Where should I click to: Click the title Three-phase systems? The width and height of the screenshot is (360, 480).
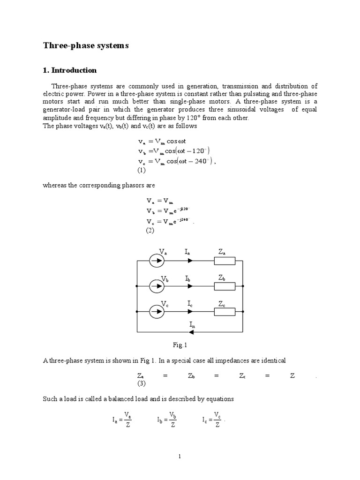tap(85, 46)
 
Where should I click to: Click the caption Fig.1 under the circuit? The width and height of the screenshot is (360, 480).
tap(180, 345)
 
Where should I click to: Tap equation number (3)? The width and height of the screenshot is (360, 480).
tap(142, 384)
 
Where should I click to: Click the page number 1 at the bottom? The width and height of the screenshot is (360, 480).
tap(180, 456)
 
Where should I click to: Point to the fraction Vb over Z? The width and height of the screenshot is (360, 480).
tap(173, 420)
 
